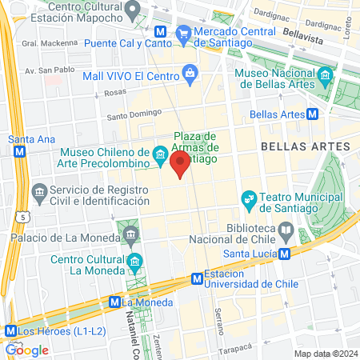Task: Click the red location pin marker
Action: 181,166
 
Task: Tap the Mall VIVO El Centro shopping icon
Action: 190,74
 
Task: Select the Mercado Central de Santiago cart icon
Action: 184,33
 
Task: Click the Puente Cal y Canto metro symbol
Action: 162,33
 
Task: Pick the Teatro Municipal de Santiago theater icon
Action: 250,198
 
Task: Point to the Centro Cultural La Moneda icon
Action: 134,262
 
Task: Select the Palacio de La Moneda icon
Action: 130,234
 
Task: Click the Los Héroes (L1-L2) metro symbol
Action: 10,330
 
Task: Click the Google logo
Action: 26,350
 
